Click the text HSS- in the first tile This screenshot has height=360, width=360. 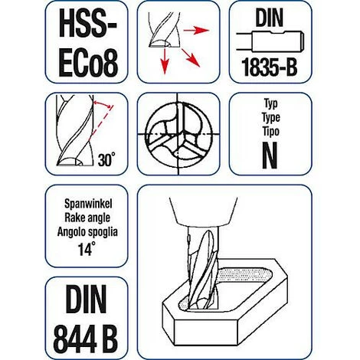click(x=87, y=24)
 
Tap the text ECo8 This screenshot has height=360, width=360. click(x=88, y=63)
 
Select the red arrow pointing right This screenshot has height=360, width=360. click(x=196, y=31)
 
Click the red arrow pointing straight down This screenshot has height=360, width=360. click(x=165, y=61)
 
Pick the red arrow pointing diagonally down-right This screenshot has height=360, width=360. click(x=191, y=57)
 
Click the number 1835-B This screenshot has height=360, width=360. click(x=270, y=67)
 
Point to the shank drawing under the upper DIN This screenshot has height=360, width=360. click(x=270, y=41)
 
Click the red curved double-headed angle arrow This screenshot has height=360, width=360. click(x=103, y=103)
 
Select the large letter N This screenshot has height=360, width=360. click(x=270, y=155)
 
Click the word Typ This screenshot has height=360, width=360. click(x=271, y=104)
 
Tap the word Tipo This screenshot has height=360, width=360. click(x=271, y=131)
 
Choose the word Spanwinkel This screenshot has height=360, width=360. click(x=88, y=204)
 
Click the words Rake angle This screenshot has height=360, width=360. click(x=87, y=218)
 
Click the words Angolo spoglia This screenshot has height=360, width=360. click(x=87, y=232)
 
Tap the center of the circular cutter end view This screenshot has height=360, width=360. click(x=178, y=133)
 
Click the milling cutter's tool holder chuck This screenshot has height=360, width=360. click(x=204, y=211)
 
